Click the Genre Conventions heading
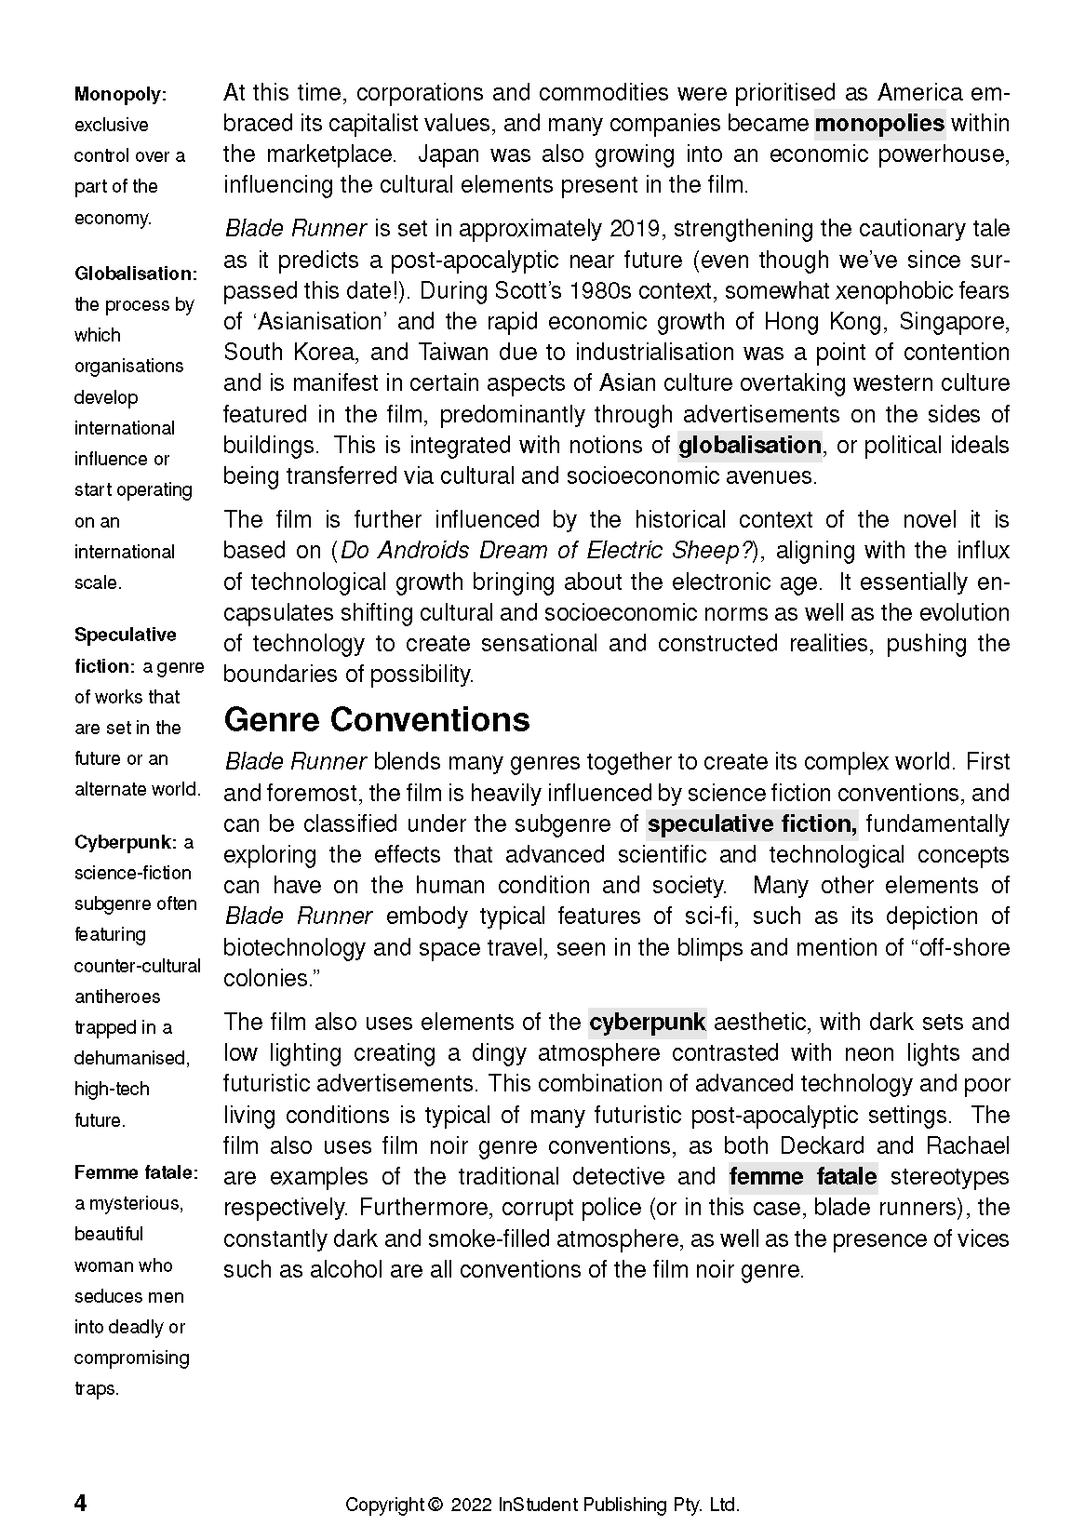[377, 720]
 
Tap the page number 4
[80, 1504]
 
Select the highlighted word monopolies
[879, 123]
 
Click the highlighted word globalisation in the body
[749, 445]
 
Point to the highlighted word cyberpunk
[648, 1022]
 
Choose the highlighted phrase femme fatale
[803, 1176]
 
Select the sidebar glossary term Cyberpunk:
[126, 842]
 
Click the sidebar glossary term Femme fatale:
[136, 1172]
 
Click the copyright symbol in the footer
[435, 1505]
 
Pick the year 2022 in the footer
[472, 1505]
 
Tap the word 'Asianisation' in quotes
[317, 321]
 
